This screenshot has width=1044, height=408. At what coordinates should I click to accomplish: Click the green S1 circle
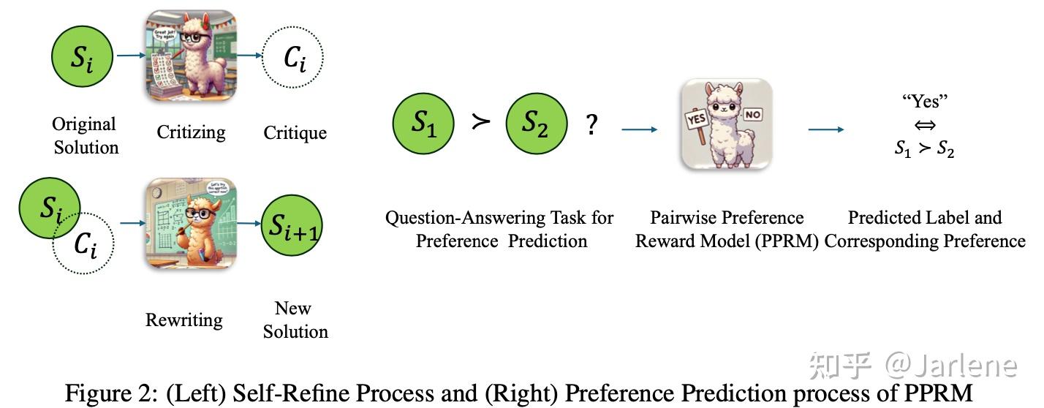click(x=423, y=124)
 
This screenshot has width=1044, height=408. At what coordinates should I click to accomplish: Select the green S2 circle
click(x=536, y=124)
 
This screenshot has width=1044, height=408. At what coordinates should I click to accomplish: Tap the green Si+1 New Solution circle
click(x=292, y=226)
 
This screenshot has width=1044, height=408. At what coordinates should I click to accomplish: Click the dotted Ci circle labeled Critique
click(x=293, y=58)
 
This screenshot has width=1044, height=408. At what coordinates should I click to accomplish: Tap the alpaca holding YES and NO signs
click(x=726, y=124)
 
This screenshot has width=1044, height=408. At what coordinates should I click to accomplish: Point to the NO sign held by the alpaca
click(x=754, y=115)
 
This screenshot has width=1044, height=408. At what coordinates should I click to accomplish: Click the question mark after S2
click(x=591, y=126)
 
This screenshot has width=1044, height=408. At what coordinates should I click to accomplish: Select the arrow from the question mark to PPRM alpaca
click(x=640, y=129)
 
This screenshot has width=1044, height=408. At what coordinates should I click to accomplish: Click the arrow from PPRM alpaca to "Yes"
click(x=825, y=129)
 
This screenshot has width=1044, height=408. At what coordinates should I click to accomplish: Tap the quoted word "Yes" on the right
click(x=925, y=101)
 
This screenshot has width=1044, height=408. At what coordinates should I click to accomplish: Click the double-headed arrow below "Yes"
click(x=925, y=125)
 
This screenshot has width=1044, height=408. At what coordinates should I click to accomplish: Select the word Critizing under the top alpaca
click(x=191, y=132)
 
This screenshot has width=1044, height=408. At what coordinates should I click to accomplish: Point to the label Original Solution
click(x=85, y=135)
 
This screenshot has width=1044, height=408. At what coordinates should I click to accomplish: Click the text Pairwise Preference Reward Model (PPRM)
click(x=726, y=229)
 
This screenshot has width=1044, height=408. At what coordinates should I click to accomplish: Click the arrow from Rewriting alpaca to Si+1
click(x=248, y=223)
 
